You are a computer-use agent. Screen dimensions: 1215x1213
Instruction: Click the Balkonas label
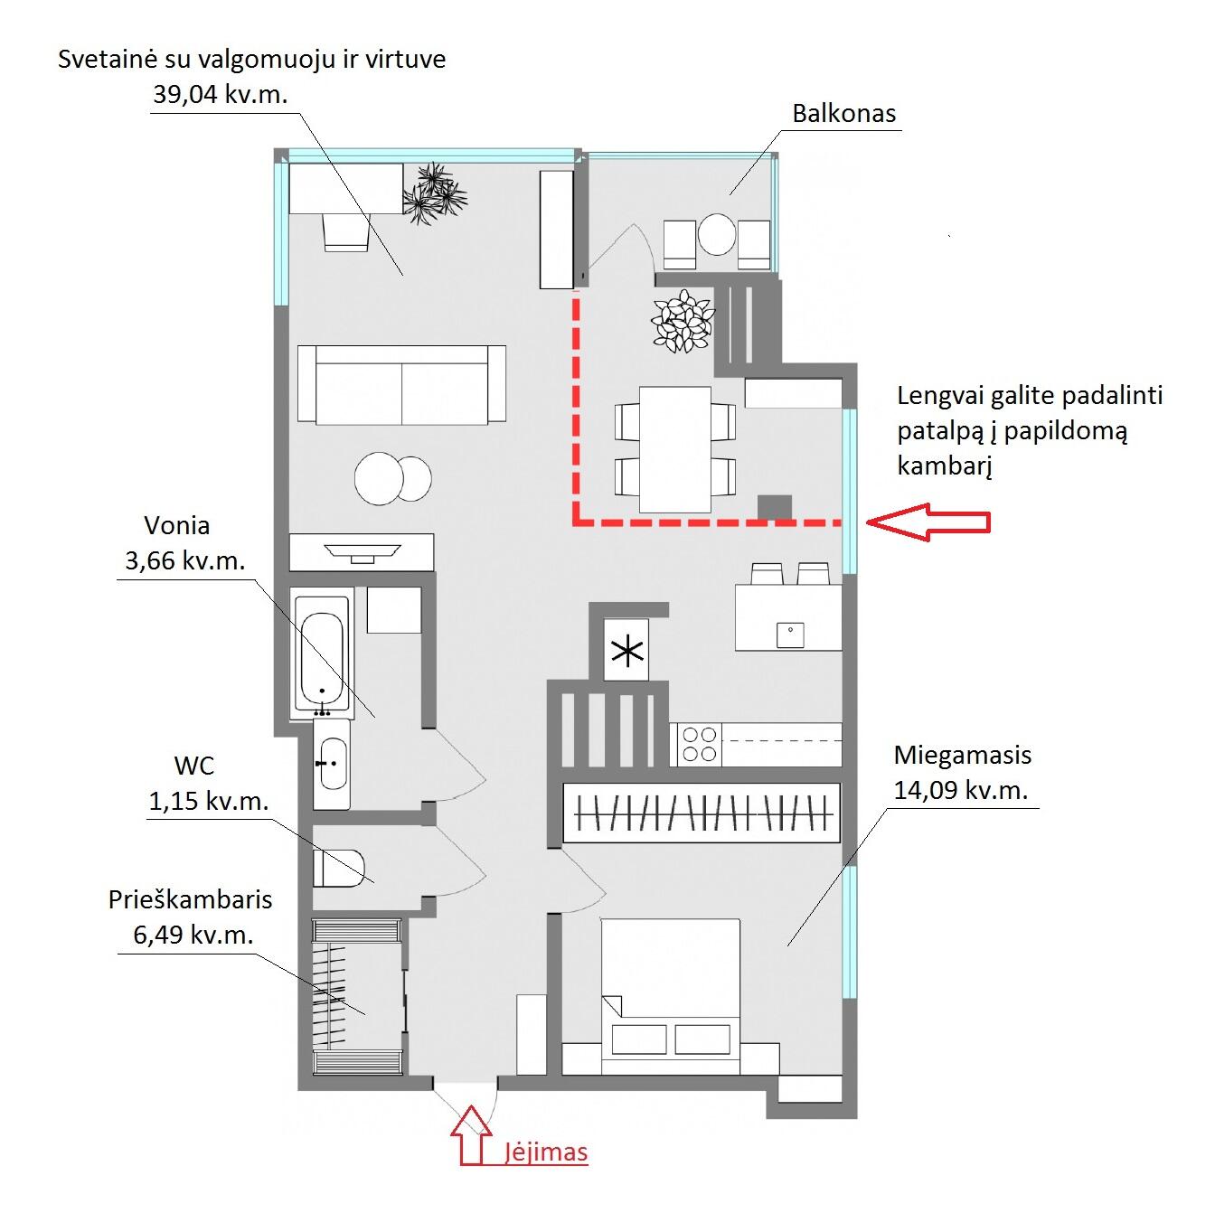coord(843,114)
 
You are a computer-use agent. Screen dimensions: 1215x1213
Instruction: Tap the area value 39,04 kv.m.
coord(220,95)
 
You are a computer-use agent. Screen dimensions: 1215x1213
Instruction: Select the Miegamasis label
coord(962,756)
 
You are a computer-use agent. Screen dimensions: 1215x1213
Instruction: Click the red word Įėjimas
coord(546,1152)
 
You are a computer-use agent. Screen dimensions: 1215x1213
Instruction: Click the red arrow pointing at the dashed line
coord(928,522)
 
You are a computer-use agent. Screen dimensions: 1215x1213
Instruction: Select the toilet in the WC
coord(339,868)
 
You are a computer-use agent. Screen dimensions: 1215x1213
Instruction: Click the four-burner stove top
coord(700,745)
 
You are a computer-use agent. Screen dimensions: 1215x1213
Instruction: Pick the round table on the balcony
coord(717,234)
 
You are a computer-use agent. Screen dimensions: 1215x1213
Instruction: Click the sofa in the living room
coord(401,384)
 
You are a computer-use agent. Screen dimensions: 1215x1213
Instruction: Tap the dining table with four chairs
coord(675,449)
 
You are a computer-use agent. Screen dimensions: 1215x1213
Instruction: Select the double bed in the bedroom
coord(670,996)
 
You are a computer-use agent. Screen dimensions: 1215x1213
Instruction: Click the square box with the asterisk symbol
coord(626,650)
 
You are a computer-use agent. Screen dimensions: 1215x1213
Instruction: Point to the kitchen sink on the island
coord(790,635)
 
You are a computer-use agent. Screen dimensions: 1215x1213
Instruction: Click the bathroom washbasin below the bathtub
coord(333,764)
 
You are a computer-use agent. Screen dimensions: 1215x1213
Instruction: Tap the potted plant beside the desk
coord(434,193)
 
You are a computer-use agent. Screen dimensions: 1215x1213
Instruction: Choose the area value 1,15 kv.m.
coord(209,802)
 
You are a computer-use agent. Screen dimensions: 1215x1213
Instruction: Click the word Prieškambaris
coord(190,900)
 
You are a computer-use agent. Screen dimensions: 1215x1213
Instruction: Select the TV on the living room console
coord(362,551)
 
